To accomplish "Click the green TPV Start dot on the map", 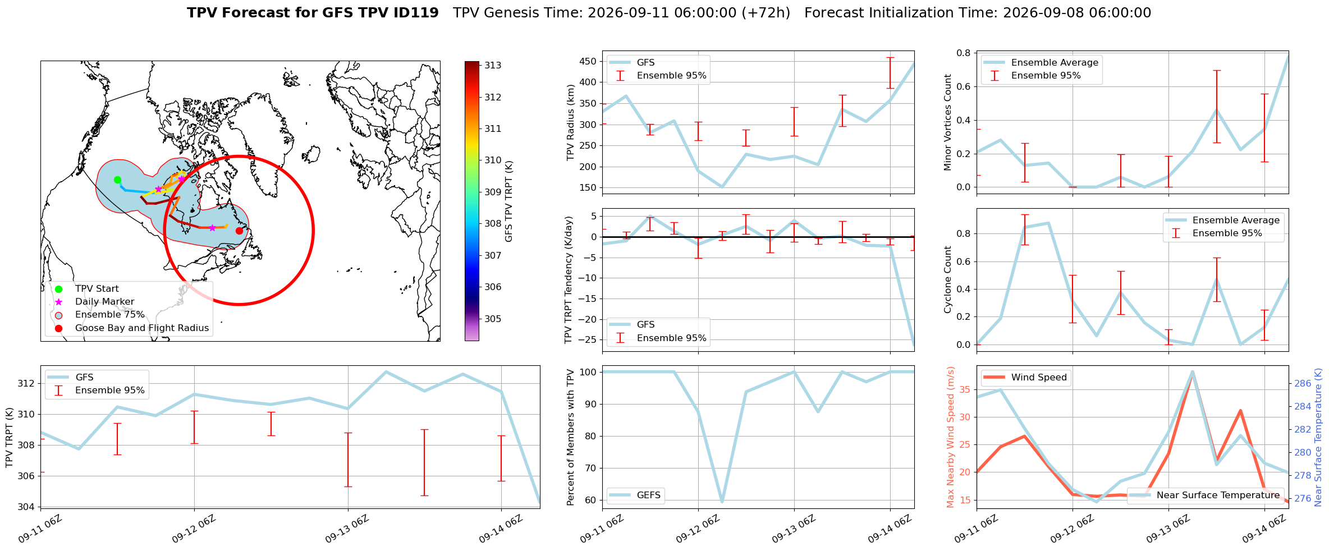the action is [117, 180].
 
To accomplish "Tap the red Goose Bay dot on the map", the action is [239, 231].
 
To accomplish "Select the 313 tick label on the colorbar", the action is [493, 66].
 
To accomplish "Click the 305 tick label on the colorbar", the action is [493, 319].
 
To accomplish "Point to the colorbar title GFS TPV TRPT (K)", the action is [509, 201].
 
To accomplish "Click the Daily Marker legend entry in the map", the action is [96, 302].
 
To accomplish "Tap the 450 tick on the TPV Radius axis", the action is [588, 61].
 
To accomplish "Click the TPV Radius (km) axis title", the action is [571, 122].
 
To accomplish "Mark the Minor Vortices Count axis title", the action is [948, 122].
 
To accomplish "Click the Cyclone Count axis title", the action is [948, 279].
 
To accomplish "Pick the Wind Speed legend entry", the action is [1025, 378].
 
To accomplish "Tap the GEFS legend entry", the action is [635, 495].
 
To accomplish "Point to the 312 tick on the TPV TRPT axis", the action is [26, 384].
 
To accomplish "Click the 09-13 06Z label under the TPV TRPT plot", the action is [347, 529].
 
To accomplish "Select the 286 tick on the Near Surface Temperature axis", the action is [1303, 384].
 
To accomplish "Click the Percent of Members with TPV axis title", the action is [571, 437].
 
